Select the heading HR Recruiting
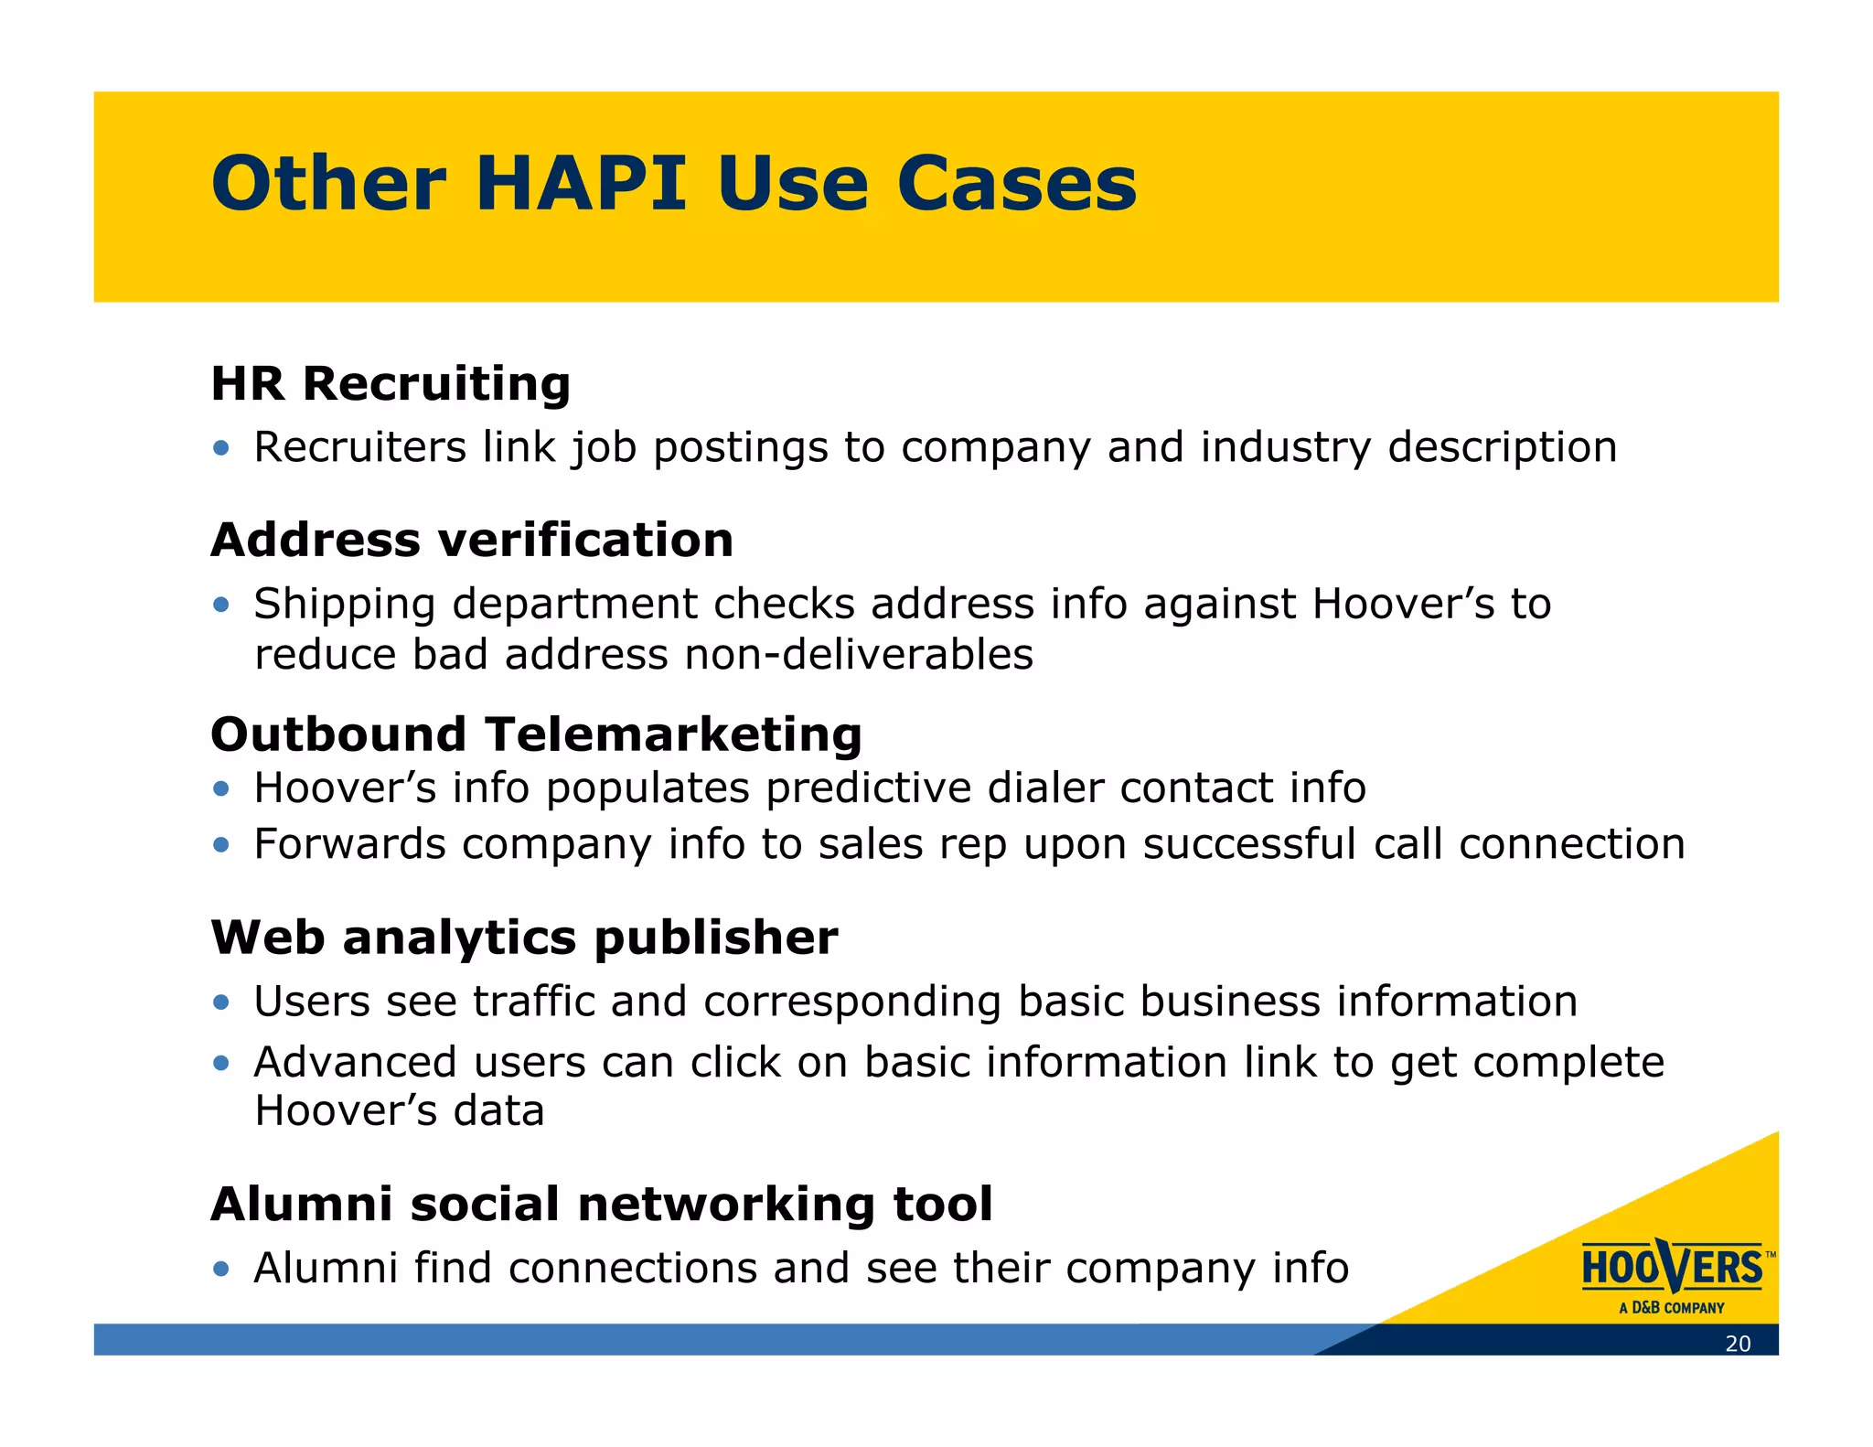click(391, 383)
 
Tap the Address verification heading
click(472, 540)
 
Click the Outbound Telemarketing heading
click(536, 734)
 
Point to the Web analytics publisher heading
click(524, 938)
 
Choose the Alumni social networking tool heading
click(601, 1204)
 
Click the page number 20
click(1738, 1344)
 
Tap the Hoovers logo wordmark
click(1672, 1268)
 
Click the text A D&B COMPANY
click(1671, 1308)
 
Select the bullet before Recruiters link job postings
click(220, 448)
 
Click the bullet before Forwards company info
click(220, 844)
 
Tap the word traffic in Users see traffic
click(534, 1001)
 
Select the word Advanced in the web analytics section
click(355, 1062)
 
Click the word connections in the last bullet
click(632, 1269)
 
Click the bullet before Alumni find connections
click(220, 1269)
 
